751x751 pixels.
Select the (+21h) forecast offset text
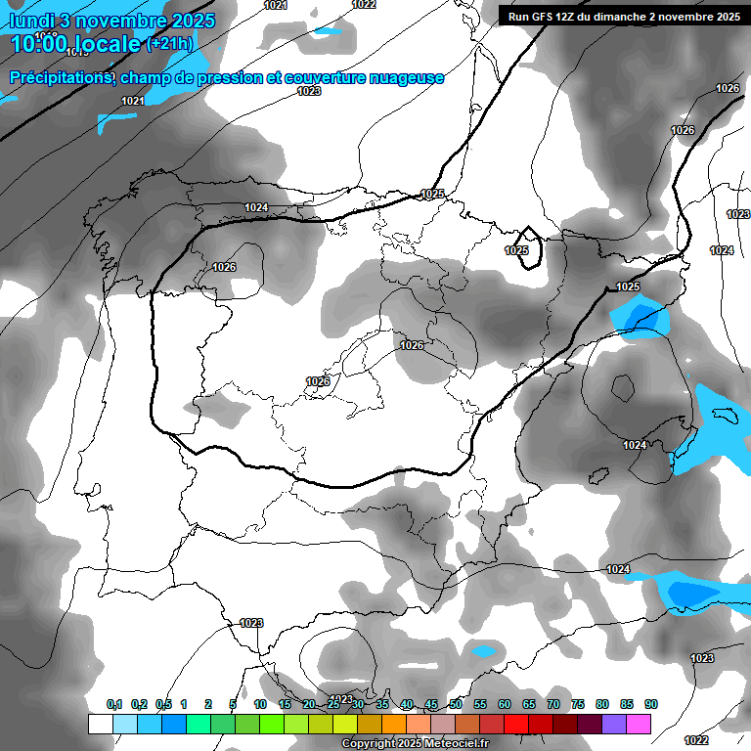coord(169,44)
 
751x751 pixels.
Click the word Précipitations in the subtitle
coord(58,77)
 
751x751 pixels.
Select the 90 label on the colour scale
coord(651,704)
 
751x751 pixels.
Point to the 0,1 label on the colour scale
coord(114,704)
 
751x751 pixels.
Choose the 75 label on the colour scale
coord(578,704)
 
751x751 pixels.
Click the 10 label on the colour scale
coord(260,704)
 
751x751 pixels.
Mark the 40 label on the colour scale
coord(407,704)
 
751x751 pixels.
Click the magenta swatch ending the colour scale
coord(639,724)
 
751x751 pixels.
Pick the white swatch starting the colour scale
coord(100,724)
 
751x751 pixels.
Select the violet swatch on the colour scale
coord(614,724)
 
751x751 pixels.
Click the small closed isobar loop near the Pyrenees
coord(529,247)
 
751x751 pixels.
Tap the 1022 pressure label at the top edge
coord(364,5)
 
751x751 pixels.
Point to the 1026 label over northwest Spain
coord(224,267)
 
